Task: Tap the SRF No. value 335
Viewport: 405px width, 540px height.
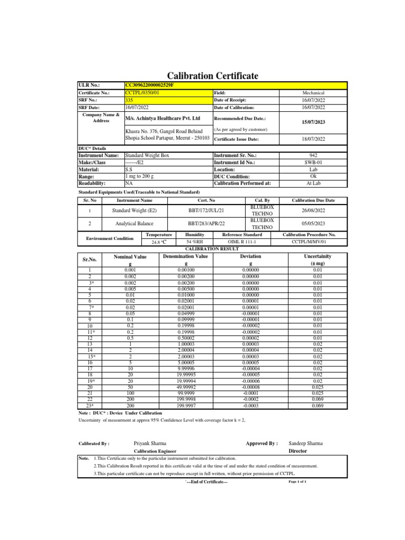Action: pyautogui.click(x=129, y=100)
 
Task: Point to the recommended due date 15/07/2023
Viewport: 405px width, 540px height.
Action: pyautogui.click(x=314, y=122)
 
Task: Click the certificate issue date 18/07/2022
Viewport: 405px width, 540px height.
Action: pyautogui.click(x=314, y=140)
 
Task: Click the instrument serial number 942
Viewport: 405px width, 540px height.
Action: pyautogui.click(x=314, y=156)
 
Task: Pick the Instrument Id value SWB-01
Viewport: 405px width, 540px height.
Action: pyautogui.click(x=314, y=163)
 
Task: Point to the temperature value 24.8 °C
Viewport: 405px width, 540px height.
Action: pyautogui.click(x=159, y=243)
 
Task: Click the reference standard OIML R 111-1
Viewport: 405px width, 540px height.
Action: pyautogui.click(x=242, y=243)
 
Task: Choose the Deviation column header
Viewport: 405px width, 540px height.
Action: pyautogui.click(x=250, y=256)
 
